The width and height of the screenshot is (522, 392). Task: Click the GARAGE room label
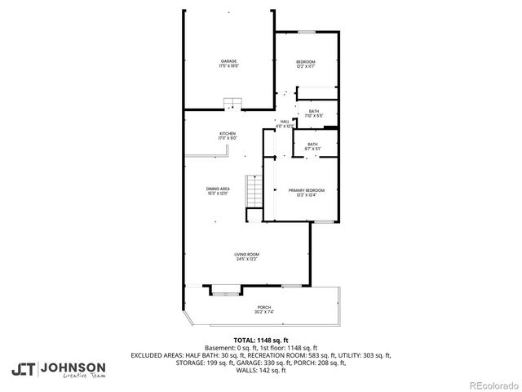(228, 61)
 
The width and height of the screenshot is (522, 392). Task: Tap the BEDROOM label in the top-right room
(305, 62)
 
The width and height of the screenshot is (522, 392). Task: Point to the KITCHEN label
(227, 133)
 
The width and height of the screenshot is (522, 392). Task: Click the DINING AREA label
(218, 189)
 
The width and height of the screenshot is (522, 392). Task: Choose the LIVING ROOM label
(247, 255)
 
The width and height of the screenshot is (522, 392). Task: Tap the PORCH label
(264, 307)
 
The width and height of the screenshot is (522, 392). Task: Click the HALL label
(285, 121)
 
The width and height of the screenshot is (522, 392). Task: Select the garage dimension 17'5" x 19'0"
(228, 66)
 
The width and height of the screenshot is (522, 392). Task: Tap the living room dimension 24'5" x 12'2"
(247, 260)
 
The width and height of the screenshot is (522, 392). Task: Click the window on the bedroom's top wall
(306, 32)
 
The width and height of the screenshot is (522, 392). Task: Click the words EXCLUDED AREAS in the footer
(156, 354)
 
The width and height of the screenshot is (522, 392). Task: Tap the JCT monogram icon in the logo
(23, 370)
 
